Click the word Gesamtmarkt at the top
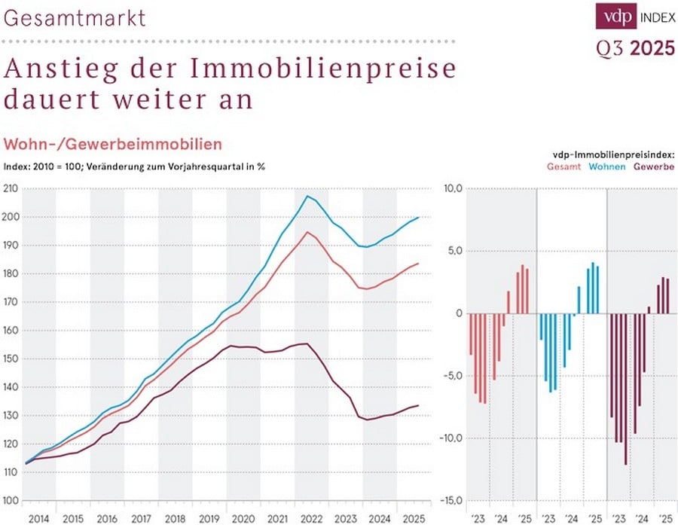click(75, 17)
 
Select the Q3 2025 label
click(635, 50)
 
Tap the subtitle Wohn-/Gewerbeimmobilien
click(113, 145)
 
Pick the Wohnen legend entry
click(606, 166)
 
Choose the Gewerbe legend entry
click(653, 166)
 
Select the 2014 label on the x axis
click(38, 518)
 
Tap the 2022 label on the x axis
click(310, 518)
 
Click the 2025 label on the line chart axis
click(412, 518)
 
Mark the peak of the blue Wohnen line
click(307, 197)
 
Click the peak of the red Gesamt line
click(307, 232)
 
